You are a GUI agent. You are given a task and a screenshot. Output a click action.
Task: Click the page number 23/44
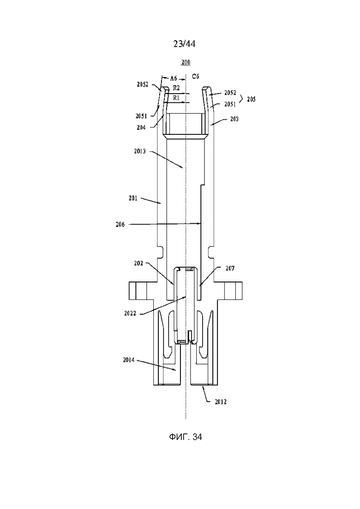tap(184, 44)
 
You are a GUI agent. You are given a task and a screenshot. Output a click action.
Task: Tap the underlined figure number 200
tap(186, 62)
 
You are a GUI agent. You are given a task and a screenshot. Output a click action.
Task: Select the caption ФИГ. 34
tap(186, 437)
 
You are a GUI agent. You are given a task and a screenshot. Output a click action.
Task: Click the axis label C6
tap(195, 77)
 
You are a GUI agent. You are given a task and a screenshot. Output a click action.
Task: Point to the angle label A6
tap(174, 78)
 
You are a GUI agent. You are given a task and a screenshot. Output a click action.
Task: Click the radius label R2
tap(176, 88)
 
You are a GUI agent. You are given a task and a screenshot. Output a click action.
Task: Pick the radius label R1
tap(176, 98)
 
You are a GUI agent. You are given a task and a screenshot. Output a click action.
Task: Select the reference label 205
tap(251, 99)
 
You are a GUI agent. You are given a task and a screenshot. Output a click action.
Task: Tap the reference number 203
tap(234, 119)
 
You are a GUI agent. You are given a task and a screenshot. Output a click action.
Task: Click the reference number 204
tap(141, 127)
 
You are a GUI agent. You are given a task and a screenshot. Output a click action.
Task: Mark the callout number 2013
tap(140, 151)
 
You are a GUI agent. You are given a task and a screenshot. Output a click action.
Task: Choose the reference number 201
tap(133, 198)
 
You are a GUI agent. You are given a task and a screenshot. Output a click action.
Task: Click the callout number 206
tap(120, 224)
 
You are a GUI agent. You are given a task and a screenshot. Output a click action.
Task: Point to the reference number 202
tap(138, 263)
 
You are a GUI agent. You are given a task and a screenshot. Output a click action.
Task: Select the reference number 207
tap(230, 268)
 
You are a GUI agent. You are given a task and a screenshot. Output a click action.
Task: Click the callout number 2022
tap(130, 313)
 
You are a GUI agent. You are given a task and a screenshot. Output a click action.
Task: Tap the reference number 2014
tap(129, 359)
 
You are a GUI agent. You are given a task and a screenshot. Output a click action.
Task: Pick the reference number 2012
tap(221, 402)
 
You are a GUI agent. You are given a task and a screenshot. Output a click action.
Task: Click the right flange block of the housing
tap(234, 291)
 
